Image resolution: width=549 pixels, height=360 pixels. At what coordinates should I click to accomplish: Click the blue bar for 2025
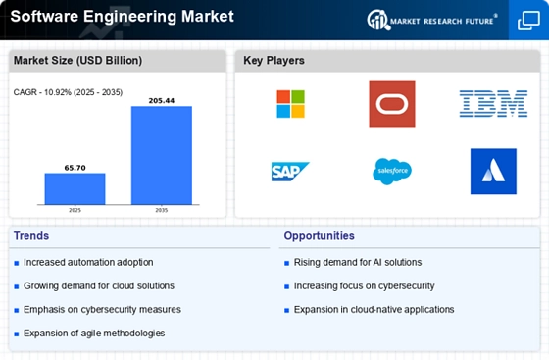coord(75,188)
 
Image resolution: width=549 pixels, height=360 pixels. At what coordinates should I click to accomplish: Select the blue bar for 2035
coord(162,155)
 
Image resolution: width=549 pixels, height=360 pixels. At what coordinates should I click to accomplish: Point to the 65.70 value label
coord(75,168)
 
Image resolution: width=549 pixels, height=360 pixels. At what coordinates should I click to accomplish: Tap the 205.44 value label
coord(162,101)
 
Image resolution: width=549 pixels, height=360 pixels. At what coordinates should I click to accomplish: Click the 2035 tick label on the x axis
coord(162,210)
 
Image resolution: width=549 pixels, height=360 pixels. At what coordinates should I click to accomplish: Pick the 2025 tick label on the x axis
coord(75,210)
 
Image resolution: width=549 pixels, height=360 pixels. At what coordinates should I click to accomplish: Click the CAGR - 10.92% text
coord(42,92)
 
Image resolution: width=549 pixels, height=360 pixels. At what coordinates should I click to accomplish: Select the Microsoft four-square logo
coord(290,104)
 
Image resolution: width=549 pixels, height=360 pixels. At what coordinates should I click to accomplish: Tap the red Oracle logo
coord(392,104)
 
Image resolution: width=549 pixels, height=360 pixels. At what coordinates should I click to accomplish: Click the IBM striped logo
coord(493,104)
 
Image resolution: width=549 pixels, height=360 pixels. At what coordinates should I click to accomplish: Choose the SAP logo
coord(290,172)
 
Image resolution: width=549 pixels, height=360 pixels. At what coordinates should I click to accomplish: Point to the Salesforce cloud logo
coord(392,172)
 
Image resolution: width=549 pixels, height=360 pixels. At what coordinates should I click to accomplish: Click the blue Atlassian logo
coord(493,172)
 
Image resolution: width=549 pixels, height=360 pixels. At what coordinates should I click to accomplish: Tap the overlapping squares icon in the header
coord(528,21)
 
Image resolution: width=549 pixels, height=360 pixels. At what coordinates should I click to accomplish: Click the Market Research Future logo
coord(432,21)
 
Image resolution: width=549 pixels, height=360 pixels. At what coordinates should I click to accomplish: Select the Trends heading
coord(31,236)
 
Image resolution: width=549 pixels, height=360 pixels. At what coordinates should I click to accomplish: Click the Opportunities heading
coord(320,236)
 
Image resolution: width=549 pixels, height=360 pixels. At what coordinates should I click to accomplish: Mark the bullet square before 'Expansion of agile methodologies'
coord(17,334)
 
